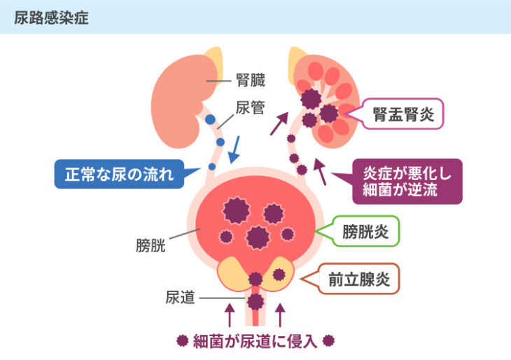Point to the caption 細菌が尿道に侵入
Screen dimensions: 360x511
coord(255,341)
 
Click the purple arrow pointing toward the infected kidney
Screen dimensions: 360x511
coord(279,123)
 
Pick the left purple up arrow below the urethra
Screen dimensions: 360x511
coord(228,315)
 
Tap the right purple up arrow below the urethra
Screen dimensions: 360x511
coord(281,315)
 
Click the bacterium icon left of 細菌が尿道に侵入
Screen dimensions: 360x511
coord(182,341)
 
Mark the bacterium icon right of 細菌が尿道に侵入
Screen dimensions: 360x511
coord(329,341)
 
